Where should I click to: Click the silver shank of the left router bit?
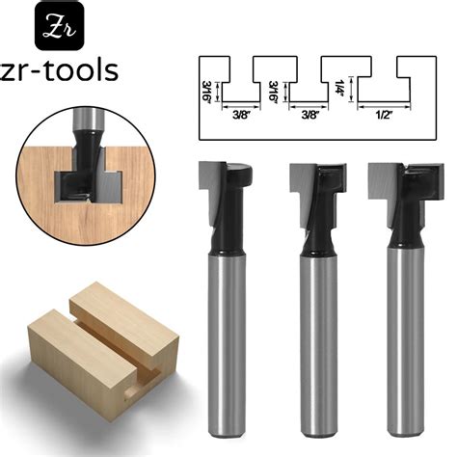pos(224,337)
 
